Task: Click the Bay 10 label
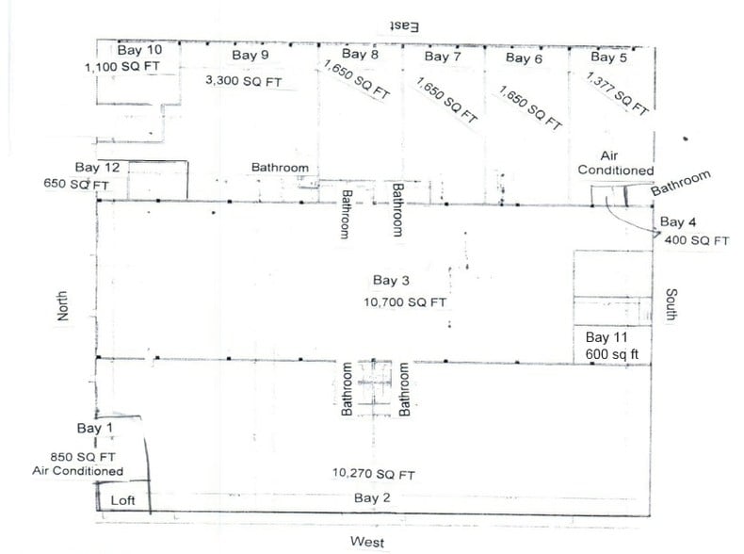(139, 50)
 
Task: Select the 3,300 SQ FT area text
(243, 81)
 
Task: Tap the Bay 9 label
(251, 56)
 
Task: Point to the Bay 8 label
(361, 56)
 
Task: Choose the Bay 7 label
(443, 57)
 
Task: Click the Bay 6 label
(524, 58)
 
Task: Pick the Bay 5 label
(609, 58)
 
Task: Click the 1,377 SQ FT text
(617, 92)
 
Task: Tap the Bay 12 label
(97, 168)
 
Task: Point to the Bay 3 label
(391, 281)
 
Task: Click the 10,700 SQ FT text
(404, 302)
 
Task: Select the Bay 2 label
(371, 497)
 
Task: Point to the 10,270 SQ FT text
(374, 474)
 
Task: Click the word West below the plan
(367, 541)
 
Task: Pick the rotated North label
(64, 306)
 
